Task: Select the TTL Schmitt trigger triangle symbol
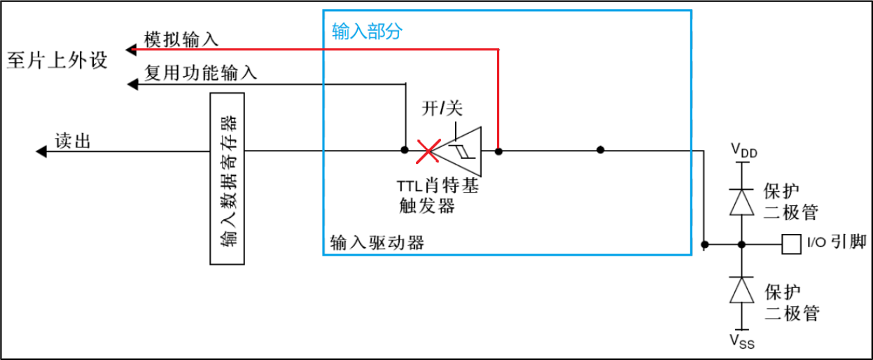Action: point(463,151)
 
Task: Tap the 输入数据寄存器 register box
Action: point(228,179)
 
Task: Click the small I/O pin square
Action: point(791,244)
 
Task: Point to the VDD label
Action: point(743,149)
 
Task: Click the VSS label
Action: point(743,341)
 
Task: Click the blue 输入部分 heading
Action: point(367,32)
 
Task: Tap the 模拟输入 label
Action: point(181,39)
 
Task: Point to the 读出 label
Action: point(73,141)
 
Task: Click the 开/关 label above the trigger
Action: point(442,109)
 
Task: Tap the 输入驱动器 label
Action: point(377,242)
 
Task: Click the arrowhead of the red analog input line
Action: point(131,50)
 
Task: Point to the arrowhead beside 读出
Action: point(41,151)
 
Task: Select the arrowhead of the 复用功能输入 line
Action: point(131,84)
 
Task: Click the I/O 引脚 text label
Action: point(837,243)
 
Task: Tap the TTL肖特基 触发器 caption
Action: point(438,197)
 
